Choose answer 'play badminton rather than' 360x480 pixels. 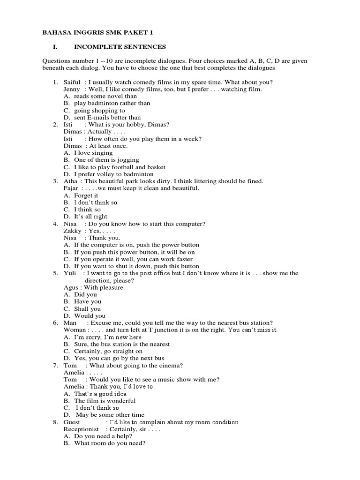(x=112, y=103)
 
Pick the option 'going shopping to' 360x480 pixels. (x=99, y=111)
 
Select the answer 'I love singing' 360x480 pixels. (x=93, y=153)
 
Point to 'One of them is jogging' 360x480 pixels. (x=106, y=160)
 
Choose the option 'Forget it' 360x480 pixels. (x=86, y=195)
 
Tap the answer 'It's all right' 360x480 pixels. (x=90, y=217)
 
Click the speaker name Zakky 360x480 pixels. (x=73, y=231)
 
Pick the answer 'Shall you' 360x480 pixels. (x=88, y=309)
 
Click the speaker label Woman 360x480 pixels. (x=75, y=330)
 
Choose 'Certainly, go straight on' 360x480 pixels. (x=108, y=351)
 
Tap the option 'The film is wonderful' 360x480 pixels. (x=105, y=401)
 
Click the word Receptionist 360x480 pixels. (x=82, y=429)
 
